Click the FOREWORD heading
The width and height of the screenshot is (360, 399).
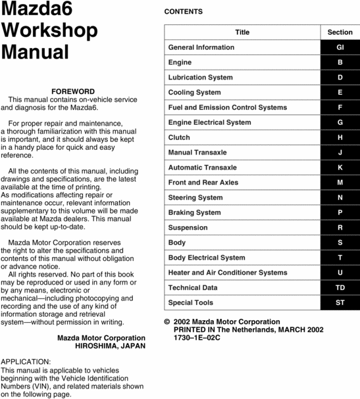pyautogui.click(x=72, y=91)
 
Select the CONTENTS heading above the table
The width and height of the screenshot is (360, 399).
pyautogui.click(x=183, y=12)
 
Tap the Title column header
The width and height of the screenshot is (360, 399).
pyautogui.click(x=242, y=32)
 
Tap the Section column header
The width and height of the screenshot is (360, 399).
pyautogui.click(x=340, y=32)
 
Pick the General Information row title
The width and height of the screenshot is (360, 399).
pyautogui.click(x=201, y=47)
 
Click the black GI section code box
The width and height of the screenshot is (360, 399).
pyautogui.click(x=340, y=47)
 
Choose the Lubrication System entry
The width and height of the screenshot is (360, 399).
pyautogui.click(x=201, y=78)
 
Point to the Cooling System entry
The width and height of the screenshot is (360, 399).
pyautogui.click(x=195, y=93)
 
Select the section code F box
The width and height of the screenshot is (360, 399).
pyautogui.click(x=340, y=107)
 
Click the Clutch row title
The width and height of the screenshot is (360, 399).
pyautogui.click(x=179, y=137)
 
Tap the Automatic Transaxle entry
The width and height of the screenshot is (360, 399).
pyautogui.click(x=203, y=168)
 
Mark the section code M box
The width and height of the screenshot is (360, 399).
pyautogui.click(x=340, y=183)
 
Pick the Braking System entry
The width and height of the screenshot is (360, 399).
pyautogui.click(x=195, y=212)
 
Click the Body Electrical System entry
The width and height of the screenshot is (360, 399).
pyautogui.click(x=207, y=258)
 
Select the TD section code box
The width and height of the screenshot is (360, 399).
pyautogui.click(x=340, y=288)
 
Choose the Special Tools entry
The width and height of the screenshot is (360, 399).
pyautogui.click(x=191, y=303)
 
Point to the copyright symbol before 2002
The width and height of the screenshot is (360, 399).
pyautogui.click(x=167, y=322)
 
